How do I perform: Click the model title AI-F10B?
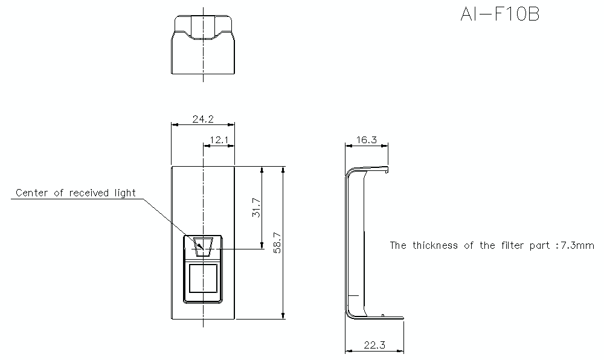coord(500,14)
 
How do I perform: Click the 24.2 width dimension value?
coord(202,119)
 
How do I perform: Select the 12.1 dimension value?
coord(218,140)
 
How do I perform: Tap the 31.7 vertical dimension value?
coord(256,207)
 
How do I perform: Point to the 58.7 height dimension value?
coord(278,243)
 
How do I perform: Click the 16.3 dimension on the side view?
coord(366,140)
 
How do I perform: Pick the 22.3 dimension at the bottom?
coord(374,346)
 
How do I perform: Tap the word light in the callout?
coord(123,193)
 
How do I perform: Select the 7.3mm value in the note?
coord(576,245)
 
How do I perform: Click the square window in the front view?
coord(203,278)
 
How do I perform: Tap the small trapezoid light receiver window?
coord(204,244)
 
